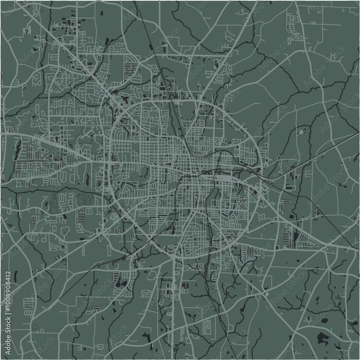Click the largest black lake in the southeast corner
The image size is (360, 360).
click(323, 338)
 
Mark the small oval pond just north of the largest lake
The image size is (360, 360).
click(324, 320)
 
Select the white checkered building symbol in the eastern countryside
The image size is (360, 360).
click(301, 132)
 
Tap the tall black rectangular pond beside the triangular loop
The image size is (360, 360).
click(296, 237)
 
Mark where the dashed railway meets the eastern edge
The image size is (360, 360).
click(358, 136)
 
